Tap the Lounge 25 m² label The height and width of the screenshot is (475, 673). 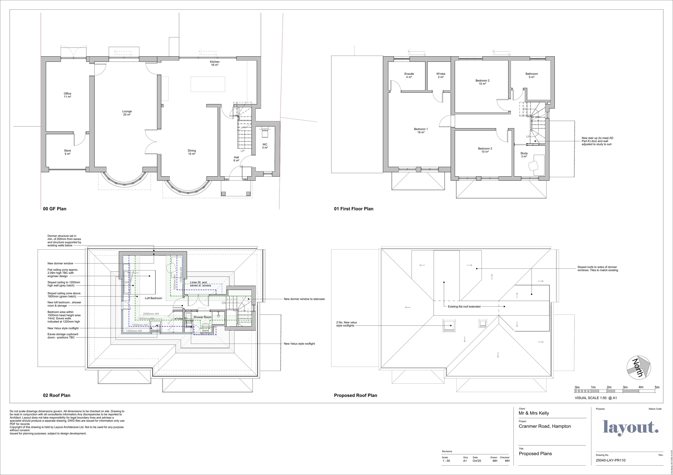click(127, 113)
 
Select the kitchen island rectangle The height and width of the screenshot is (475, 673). click(208, 84)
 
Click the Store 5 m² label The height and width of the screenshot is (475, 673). click(68, 152)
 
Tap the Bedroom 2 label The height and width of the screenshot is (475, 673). click(482, 82)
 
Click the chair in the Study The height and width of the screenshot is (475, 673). click(533, 166)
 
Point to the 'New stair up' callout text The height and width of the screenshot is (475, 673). click(597, 141)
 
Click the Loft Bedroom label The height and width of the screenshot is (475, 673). click(153, 298)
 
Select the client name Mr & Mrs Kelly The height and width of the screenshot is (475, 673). click(534, 413)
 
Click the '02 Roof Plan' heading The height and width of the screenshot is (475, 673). click(57, 395)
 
